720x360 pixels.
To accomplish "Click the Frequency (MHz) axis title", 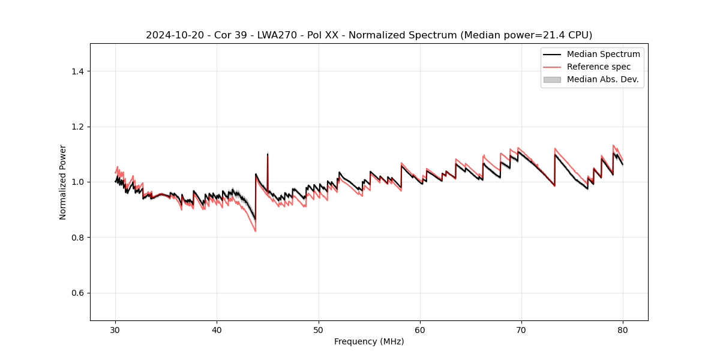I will click(369, 341).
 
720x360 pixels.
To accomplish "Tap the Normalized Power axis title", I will click(62, 182).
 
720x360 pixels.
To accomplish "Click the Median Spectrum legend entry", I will click(603, 54).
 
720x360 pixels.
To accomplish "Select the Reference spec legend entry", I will click(598, 67).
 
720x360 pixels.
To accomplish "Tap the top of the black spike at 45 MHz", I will click(268, 154).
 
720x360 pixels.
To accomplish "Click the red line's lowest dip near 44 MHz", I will click(256, 231).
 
